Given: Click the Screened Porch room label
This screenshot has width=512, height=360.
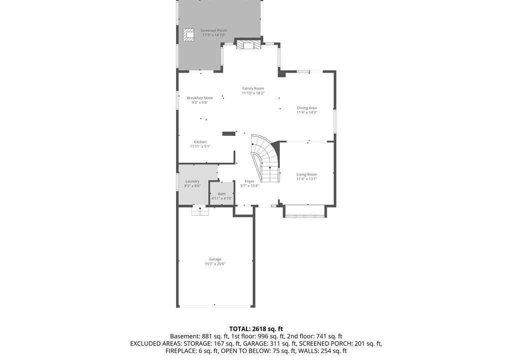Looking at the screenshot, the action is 213,30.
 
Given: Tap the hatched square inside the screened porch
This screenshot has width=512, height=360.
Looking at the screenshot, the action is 188,34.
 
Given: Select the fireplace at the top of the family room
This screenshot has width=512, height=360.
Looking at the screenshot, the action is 249,44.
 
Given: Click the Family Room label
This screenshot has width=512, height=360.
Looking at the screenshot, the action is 253,88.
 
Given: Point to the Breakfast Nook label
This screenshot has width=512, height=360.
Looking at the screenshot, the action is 200,98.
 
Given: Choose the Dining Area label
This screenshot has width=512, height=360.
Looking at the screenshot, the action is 307,108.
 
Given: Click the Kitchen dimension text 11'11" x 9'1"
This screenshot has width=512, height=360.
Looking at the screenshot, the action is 200,146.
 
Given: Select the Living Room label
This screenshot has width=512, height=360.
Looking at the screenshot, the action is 306,174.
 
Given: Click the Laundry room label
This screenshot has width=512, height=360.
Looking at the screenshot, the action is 192,181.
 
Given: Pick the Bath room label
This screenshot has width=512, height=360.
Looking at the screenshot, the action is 221,194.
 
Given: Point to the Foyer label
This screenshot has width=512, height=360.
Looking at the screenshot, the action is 249,181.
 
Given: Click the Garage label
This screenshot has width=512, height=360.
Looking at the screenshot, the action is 215,259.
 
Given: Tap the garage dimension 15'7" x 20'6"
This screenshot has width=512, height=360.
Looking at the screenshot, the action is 215,264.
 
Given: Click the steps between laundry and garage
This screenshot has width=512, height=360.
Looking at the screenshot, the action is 200,211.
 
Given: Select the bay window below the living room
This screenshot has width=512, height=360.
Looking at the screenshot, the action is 304,211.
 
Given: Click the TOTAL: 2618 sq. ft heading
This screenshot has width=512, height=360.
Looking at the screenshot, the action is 256,329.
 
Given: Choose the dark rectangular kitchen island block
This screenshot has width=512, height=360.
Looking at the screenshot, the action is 229,133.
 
